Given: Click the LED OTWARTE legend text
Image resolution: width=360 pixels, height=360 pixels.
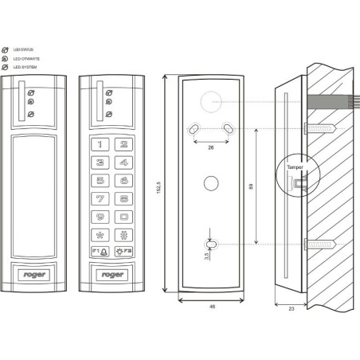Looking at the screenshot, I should tap(25, 59).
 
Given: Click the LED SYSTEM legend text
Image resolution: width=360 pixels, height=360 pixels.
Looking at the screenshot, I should tap(25, 68).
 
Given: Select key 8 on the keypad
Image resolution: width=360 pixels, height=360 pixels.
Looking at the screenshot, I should tap(125, 198).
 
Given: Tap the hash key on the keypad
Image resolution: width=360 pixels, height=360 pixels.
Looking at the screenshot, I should tap(125, 236).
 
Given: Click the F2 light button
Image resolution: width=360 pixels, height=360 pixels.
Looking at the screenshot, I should tap(124, 253).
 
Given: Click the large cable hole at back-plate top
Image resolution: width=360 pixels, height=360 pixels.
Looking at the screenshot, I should tap(211, 101).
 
